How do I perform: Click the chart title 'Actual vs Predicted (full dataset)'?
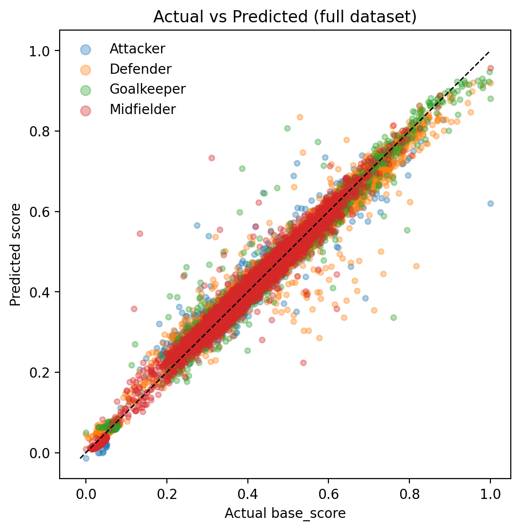tap(285, 17)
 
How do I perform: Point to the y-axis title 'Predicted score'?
tap(16, 254)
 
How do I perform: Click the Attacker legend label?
tap(137, 49)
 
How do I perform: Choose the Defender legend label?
tap(140, 69)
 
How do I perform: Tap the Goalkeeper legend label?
tap(147, 89)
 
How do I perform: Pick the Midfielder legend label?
tap(143, 109)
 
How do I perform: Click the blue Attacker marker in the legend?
tap(85, 49)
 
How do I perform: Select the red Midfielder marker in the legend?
tap(85, 109)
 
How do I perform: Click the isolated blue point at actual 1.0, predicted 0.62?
tap(490, 203)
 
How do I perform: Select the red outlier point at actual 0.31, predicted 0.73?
tap(211, 158)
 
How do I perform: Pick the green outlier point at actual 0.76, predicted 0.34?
tap(393, 317)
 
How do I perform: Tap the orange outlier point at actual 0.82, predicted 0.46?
tap(416, 266)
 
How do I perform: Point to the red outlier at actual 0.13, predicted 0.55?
tap(140, 233)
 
